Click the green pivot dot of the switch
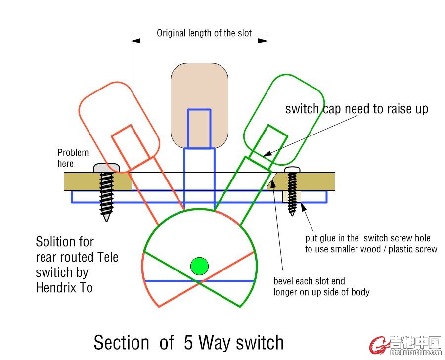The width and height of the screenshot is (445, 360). point(199,266)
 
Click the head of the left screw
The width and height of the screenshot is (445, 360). point(106,168)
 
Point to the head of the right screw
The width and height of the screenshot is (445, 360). point(292,170)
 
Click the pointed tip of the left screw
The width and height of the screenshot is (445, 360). point(106,219)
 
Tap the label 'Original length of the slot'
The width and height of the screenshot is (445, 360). point(204,33)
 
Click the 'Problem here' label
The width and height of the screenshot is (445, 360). point(73,158)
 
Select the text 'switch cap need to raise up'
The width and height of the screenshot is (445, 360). point(356,109)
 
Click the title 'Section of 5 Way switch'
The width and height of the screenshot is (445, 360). point(189,342)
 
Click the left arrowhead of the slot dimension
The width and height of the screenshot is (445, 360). point(136,41)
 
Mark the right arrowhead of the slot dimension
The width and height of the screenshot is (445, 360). point(263,41)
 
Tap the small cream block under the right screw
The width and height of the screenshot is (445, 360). point(292,196)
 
